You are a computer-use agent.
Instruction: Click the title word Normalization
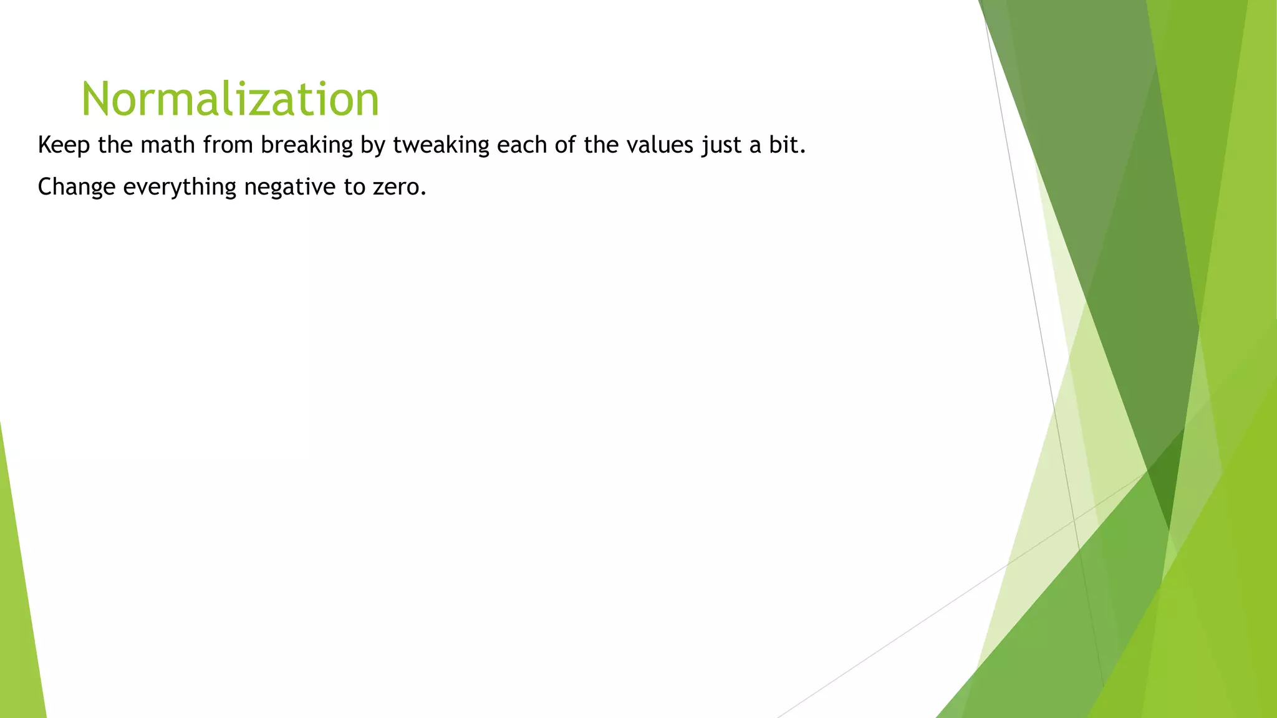tap(230, 100)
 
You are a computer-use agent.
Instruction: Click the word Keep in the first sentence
tap(64, 145)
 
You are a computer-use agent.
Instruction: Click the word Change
tap(76, 187)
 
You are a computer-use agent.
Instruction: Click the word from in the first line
tap(228, 145)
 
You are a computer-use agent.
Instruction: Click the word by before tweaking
tap(373, 145)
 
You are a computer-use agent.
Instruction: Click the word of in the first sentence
tap(565, 145)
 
